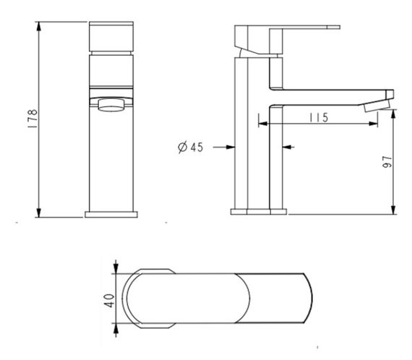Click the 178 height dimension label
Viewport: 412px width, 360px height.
pos(33,119)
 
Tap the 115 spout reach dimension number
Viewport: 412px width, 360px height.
pos(319,117)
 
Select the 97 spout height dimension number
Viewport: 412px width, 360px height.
pos(387,162)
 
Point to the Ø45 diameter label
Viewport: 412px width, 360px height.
pos(191,147)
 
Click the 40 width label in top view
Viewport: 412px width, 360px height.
pos(108,301)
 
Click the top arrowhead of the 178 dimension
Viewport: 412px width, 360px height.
pos(39,26)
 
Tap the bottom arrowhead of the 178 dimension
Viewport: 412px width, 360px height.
pos(39,213)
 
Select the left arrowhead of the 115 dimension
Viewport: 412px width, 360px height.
pos(263,124)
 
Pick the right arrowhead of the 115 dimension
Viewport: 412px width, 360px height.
pos(374,124)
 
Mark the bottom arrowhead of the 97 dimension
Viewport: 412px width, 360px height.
pos(393,210)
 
